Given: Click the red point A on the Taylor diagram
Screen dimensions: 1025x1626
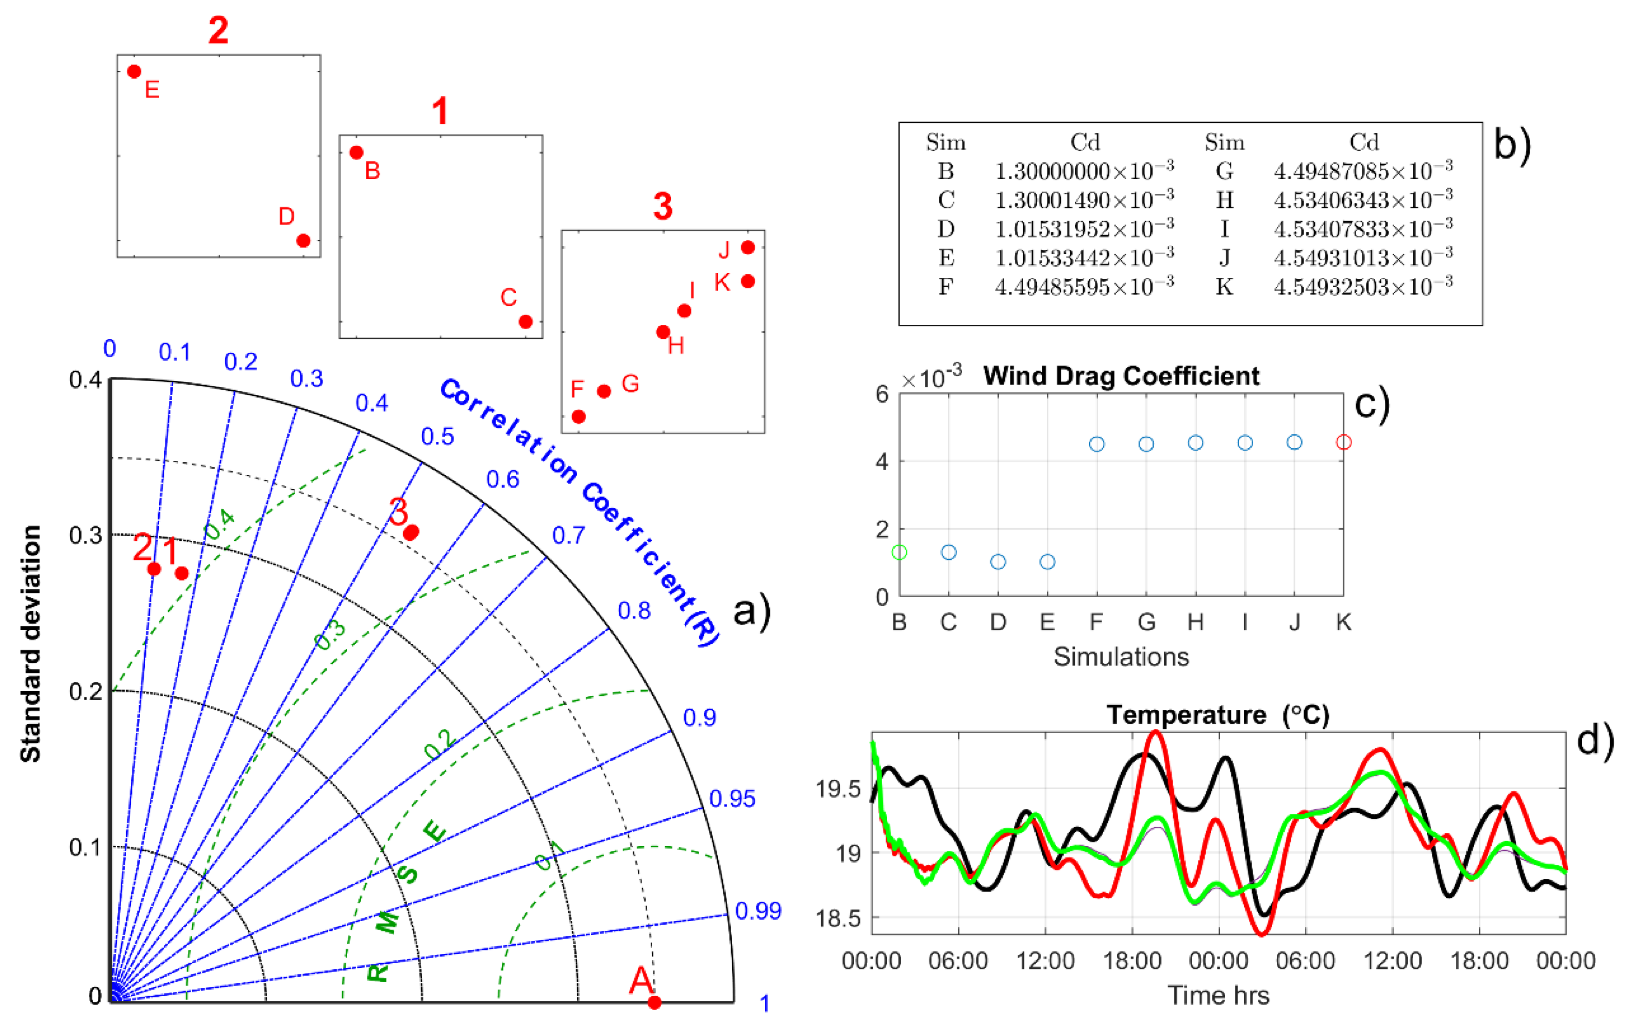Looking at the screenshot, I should (x=654, y=1002).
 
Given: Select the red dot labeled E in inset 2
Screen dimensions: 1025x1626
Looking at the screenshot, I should (x=135, y=71).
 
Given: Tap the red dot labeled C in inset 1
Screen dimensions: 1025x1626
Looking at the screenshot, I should (x=526, y=321).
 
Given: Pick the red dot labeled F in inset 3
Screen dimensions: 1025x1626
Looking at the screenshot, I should (x=579, y=417).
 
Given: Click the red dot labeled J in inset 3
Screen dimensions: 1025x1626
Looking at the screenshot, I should (x=748, y=247).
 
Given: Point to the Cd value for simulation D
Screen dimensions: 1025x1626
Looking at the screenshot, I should (x=1084, y=229).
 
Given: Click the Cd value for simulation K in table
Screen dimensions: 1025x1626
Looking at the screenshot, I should (x=1363, y=287).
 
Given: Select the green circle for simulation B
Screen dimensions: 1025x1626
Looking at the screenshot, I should (x=899, y=553).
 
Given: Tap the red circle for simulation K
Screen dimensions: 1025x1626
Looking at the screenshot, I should (x=1344, y=442).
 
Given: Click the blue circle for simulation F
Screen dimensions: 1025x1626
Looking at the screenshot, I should (x=1097, y=444).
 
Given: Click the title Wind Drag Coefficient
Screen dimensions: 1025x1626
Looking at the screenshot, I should (x=1121, y=376).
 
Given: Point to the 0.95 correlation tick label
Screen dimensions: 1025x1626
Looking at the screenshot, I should (x=732, y=799).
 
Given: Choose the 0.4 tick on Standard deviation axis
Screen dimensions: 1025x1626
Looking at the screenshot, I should (x=85, y=379).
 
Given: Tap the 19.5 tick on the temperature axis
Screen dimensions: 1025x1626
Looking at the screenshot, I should (x=838, y=789).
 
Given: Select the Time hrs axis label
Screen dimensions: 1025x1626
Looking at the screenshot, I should (x=1218, y=995).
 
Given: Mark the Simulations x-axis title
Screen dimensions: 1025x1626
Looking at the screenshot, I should (x=1121, y=656).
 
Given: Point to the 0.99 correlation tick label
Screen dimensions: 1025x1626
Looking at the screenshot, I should (x=758, y=911).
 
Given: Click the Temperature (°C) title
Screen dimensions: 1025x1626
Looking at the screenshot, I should (x=1217, y=715).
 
